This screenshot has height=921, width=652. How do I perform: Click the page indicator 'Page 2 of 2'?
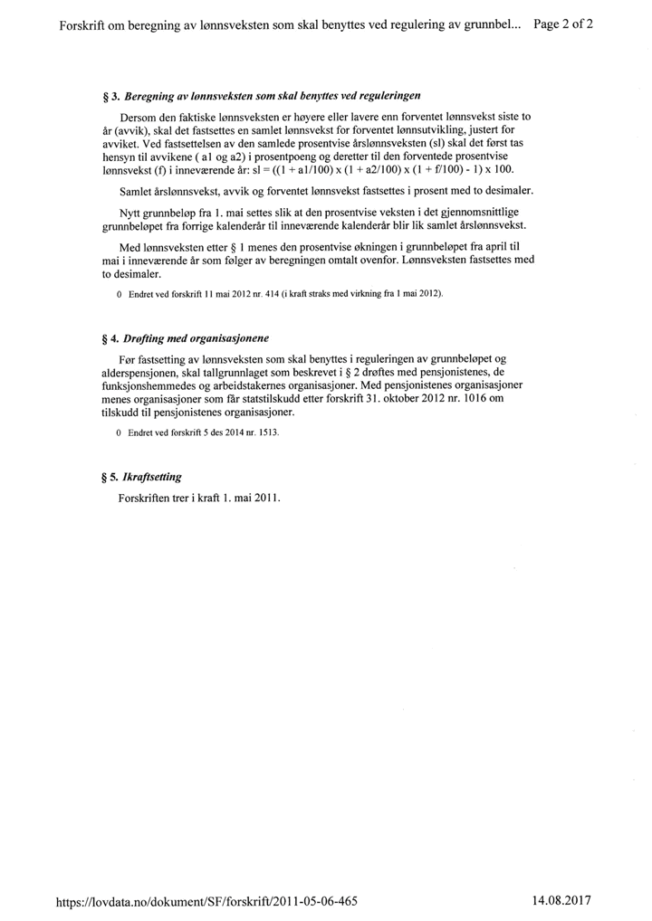(563, 24)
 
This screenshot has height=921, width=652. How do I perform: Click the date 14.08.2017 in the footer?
(561, 901)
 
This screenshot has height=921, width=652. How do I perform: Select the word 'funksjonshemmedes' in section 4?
(150, 385)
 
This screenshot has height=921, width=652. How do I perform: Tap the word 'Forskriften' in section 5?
(146, 498)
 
